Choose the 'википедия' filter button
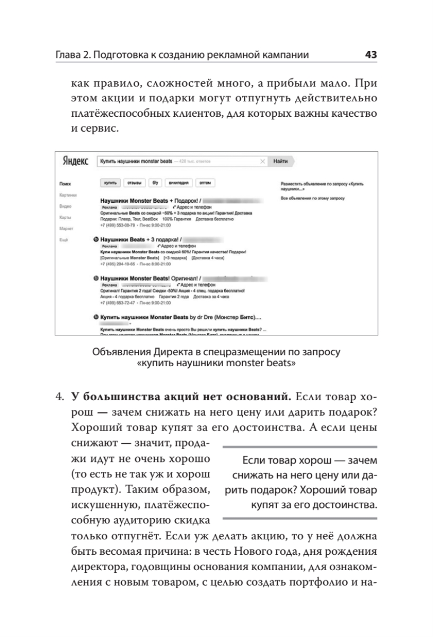click(177, 183)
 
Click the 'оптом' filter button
click(205, 183)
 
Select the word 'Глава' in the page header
click(69, 55)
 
